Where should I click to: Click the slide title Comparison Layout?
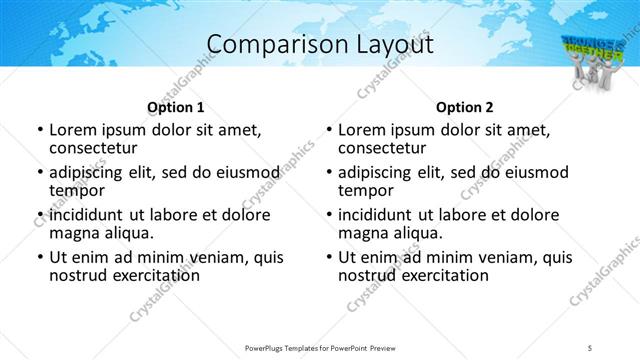click(x=319, y=44)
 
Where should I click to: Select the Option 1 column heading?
click(x=175, y=107)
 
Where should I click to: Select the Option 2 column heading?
click(x=464, y=107)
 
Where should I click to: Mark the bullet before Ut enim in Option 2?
click(x=328, y=257)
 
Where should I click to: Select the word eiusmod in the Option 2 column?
click(x=534, y=171)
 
